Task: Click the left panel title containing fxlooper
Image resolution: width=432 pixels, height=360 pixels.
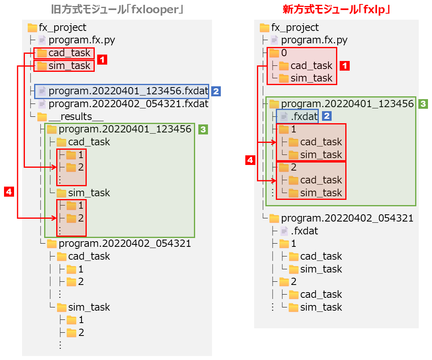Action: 117,9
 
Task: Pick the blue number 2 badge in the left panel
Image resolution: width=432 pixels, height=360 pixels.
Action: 216,92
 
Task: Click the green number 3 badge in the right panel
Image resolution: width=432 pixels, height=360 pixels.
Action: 422,104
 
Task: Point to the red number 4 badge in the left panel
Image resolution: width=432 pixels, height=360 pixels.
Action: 9,192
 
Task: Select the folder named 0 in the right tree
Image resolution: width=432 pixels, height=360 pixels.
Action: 284,53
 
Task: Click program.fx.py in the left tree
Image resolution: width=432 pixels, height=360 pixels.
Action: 82,40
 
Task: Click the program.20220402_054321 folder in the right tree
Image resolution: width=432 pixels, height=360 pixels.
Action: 347,218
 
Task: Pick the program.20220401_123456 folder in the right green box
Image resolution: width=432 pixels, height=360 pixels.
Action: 347,104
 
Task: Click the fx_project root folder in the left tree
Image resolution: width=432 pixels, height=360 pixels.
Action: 62,27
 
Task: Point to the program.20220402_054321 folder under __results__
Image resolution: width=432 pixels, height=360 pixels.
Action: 124,244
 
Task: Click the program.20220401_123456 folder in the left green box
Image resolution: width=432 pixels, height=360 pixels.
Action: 124,129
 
